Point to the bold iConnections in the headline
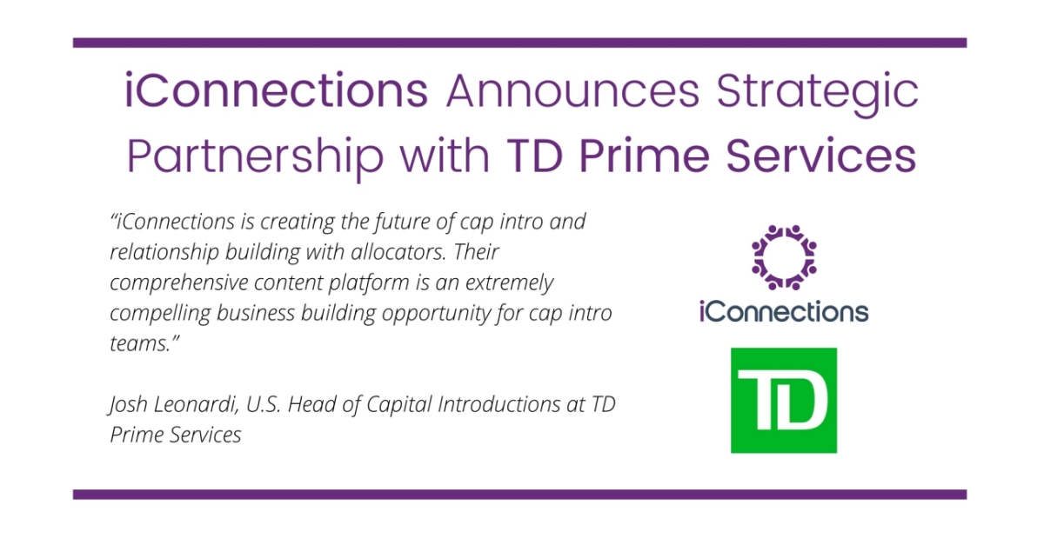coord(277,90)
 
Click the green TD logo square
coord(783,400)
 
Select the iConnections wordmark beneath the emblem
coord(784,311)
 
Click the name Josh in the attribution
coord(129,404)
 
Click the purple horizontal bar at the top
coord(519,43)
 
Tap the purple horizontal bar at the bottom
coord(519,495)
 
